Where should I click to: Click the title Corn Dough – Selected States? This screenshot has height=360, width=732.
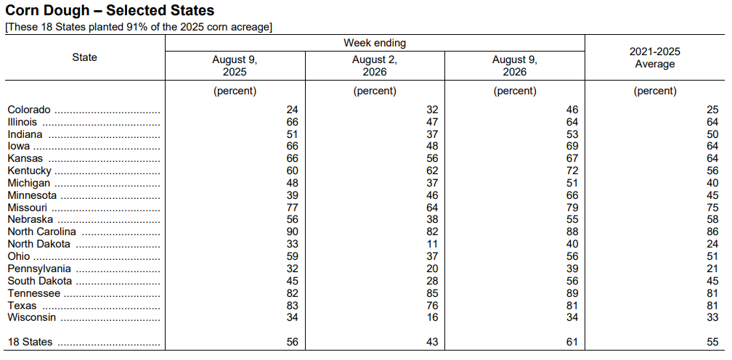110,11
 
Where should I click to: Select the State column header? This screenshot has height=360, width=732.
85,57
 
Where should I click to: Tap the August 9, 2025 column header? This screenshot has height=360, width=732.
235,66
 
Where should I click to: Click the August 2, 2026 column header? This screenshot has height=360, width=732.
375,66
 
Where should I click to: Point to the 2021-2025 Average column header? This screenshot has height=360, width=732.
654,58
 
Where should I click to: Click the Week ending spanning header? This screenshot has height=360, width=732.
375,43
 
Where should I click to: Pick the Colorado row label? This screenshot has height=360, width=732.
29,110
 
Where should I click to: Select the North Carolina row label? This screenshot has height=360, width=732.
41,232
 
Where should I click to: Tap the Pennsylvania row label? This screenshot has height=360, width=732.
39,269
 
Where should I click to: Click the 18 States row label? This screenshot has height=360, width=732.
30,343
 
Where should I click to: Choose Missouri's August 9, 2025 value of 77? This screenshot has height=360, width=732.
292,208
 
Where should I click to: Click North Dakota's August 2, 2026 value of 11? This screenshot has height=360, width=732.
432,244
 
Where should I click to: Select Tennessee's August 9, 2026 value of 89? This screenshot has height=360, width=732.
572,293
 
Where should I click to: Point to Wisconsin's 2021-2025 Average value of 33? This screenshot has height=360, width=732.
712,318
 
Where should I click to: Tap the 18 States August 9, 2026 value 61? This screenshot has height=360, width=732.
572,343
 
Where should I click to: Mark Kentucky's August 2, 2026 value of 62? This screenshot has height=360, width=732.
432,171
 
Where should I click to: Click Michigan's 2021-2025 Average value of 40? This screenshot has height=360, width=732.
712,183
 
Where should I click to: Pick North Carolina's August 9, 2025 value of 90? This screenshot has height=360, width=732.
292,232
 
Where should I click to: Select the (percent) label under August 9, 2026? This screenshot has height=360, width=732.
515,91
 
